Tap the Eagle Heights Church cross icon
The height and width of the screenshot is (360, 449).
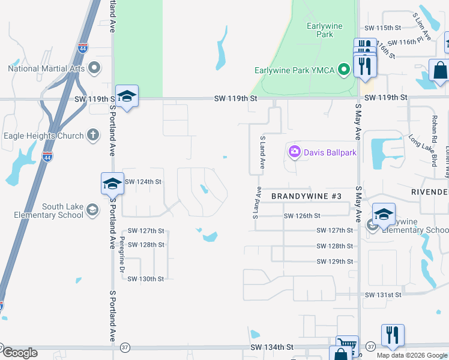(92, 135)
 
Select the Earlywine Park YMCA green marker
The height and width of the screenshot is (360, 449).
(344, 71)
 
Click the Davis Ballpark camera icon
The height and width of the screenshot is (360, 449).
(294, 152)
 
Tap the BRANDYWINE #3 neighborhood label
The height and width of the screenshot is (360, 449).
(306, 196)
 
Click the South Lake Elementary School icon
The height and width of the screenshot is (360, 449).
(92, 210)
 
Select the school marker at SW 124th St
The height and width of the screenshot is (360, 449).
(112, 183)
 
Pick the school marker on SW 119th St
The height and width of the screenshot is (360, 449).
(127, 97)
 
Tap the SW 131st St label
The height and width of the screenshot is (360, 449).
(382, 295)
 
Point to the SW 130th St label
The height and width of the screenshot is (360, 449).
(146, 279)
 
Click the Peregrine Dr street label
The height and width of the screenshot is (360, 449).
(122, 254)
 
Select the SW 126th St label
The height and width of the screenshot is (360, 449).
(302, 216)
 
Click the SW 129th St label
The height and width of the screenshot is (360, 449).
(334, 262)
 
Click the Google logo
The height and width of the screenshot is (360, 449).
(20, 353)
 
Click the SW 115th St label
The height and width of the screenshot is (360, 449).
(382, 28)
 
